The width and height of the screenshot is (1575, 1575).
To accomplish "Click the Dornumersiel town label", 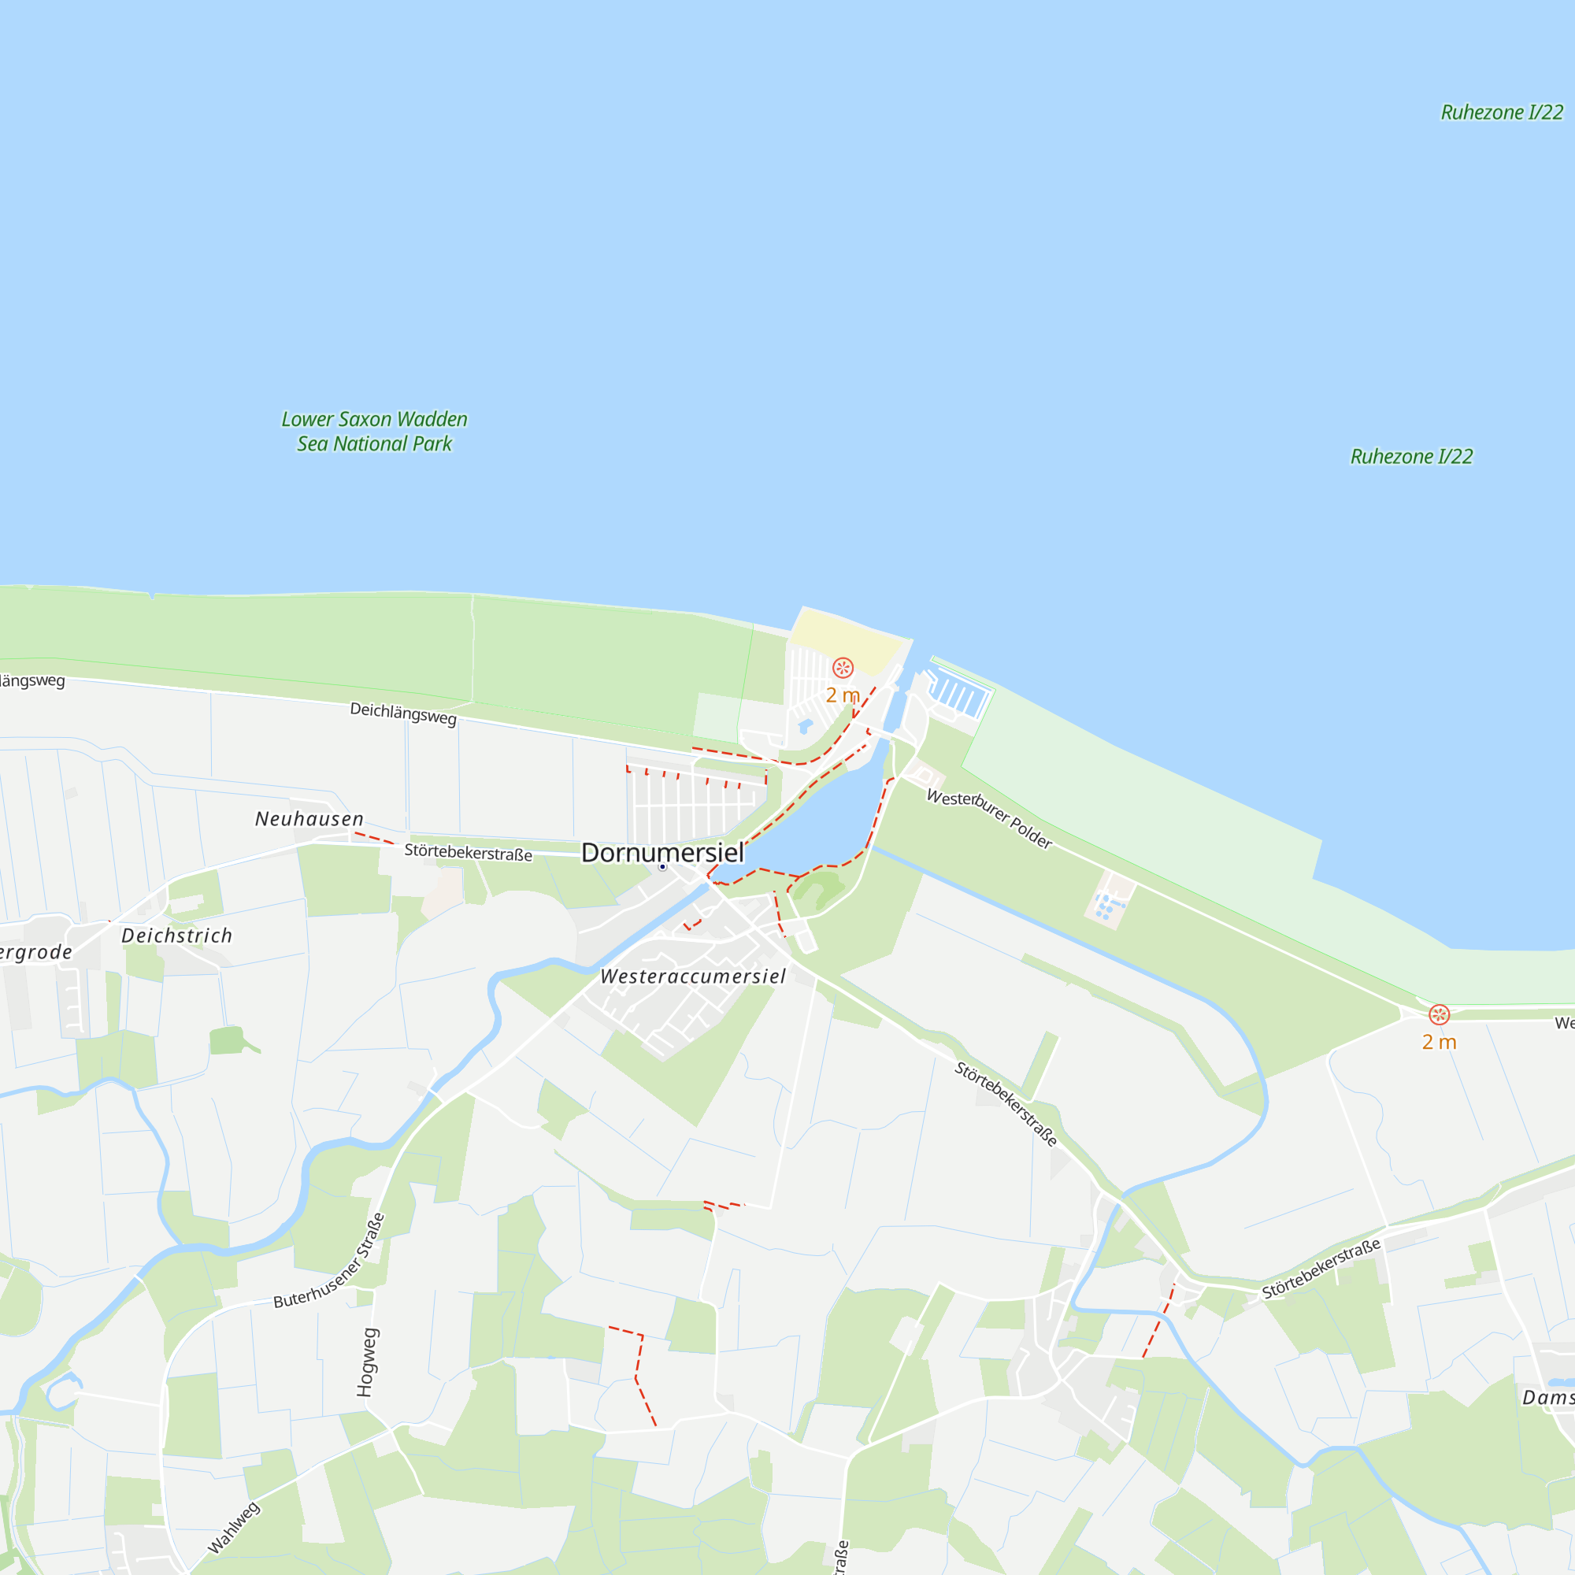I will point(662,853).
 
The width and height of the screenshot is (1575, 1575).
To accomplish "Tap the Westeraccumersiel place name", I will point(693,976).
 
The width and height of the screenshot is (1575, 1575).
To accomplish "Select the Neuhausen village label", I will point(309,818).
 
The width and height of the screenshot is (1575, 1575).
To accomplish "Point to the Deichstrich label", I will point(177,935).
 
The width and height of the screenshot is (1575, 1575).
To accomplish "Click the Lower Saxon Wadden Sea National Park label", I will point(374,432).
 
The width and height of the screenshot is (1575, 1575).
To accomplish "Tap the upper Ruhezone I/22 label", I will point(1502,113).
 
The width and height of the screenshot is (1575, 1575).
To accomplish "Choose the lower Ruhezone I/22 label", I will point(1411,457).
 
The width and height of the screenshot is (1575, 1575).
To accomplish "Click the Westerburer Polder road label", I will point(990,818).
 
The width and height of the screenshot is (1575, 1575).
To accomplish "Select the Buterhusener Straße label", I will point(329,1261).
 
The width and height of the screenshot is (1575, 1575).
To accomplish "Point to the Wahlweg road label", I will point(234,1528).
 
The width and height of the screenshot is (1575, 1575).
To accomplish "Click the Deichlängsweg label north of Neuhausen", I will point(402,713).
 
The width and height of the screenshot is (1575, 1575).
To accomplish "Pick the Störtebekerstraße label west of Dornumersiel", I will point(468,853).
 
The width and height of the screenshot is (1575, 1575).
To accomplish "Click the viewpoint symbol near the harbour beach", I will point(842,669).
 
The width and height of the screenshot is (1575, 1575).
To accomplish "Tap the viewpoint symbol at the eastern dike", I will point(1439,1015).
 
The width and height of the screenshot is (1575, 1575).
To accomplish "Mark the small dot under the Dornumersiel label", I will point(663,867).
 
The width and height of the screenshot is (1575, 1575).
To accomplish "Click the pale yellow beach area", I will point(843,639).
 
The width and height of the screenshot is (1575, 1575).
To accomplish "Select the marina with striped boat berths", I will point(958,694).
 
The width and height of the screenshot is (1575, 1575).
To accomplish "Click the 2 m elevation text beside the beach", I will point(842,695).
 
